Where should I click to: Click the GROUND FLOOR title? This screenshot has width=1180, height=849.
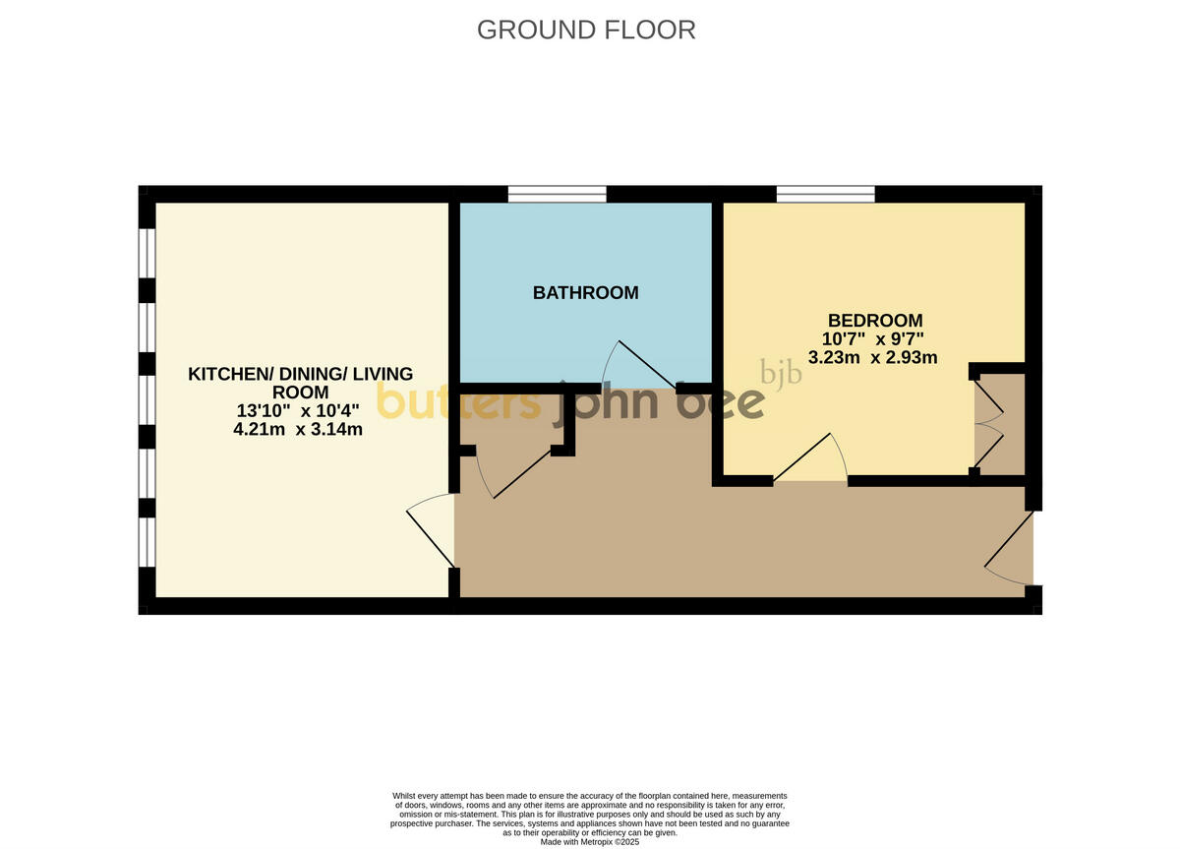pyautogui.click(x=586, y=30)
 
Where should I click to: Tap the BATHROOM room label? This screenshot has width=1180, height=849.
pyautogui.click(x=585, y=292)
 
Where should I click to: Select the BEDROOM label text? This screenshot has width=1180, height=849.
pyautogui.click(x=875, y=320)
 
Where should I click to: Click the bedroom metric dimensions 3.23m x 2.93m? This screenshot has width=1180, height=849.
pyautogui.click(x=872, y=357)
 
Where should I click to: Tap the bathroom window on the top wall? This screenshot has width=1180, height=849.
pyautogui.click(x=557, y=194)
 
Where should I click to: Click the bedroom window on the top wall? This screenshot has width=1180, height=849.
pyautogui.click(x=825, y=194)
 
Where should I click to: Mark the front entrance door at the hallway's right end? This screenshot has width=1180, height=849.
pyautogui.click(x=1009, y=547)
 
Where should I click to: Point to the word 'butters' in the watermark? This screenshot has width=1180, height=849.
pyautogui.click(x=458, y=401)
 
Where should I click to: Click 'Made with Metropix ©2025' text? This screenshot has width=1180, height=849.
pyautogui.click(x=589, y=842)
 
